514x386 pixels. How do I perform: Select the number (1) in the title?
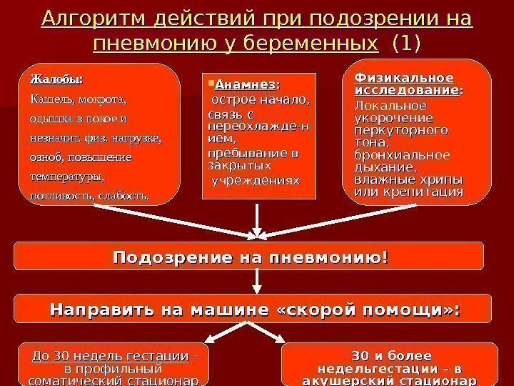click(407, 45)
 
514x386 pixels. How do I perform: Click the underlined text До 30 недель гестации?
click(111, 357)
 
